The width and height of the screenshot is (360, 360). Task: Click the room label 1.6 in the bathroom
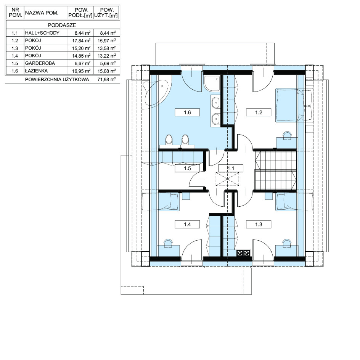187,112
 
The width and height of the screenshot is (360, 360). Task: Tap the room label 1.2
259,112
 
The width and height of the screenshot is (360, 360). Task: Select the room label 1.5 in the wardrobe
187,168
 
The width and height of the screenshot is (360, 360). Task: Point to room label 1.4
187,224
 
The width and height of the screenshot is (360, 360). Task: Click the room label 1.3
259,224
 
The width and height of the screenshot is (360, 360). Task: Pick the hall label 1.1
231,168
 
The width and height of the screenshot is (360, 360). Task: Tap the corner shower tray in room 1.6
212,84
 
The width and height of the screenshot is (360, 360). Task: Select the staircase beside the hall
275,170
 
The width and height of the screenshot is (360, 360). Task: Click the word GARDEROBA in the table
40,63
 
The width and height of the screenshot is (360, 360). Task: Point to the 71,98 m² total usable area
106,80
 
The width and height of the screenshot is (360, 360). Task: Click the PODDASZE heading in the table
62,25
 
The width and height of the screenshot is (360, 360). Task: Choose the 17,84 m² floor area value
81,41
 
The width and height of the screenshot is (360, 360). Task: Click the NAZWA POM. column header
42,13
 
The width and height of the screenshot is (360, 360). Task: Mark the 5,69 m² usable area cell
108,63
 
